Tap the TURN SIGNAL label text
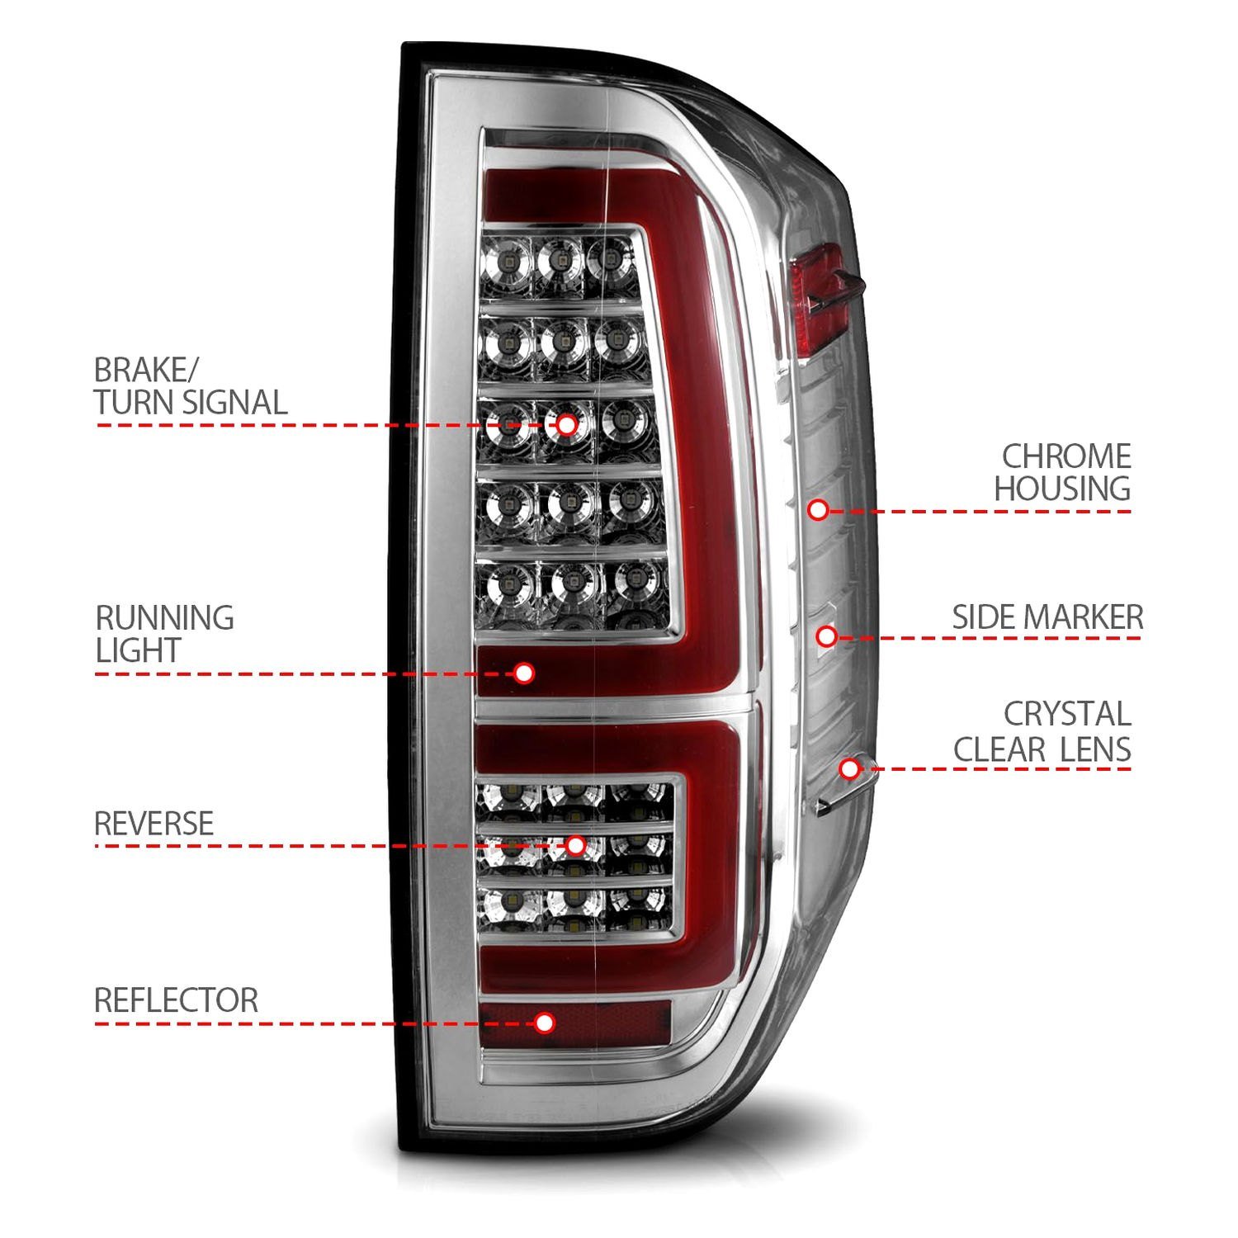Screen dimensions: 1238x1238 click(x=190, y=403)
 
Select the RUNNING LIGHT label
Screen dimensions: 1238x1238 click(x=164, y=634)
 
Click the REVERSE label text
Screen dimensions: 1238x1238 click(x=154, y=824)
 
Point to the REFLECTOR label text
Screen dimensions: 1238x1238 click(x=176, y=1000)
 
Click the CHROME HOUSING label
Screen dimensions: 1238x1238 click(x=1062, y=472)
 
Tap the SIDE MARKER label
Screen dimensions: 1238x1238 click(x=1047, y=617)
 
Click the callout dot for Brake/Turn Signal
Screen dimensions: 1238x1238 click(x=566, y=425)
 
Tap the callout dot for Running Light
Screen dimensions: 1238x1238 click(x=523, y=673)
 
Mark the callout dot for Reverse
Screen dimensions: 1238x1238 click(x=575, y=845)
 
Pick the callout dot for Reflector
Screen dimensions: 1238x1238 click(x=544, y=1023)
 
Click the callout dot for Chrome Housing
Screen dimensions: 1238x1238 click(x=818, y=510)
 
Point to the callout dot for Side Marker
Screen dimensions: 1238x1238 click(x=827, y=636)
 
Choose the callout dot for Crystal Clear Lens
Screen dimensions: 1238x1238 click(x=849, y=769)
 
